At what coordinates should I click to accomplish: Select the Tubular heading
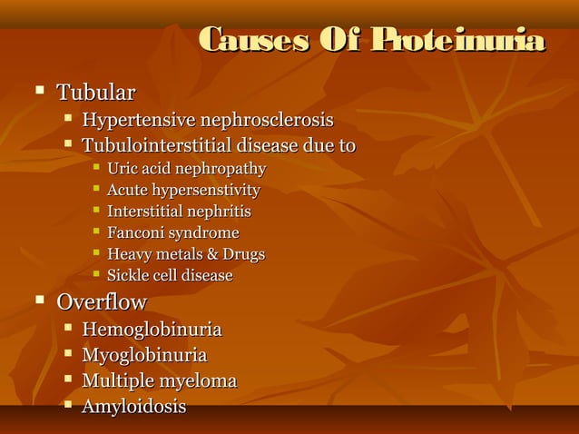click(x=95, y=93)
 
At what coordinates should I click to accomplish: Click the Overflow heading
click(x=101, y=301)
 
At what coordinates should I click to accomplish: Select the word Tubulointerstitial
click(x=157, y=146)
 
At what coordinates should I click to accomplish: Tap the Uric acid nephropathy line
click(x=186, y=169)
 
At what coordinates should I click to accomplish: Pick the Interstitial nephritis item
click(x=179, y=212)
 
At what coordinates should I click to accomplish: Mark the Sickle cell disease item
click(x=170, y=275)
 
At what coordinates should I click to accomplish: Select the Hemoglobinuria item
click(x=152, y=330)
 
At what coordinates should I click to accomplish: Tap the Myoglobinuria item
click(x=144, y=355)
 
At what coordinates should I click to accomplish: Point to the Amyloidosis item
click(x=133, y=407)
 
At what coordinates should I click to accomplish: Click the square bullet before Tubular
click(x=39, y=91)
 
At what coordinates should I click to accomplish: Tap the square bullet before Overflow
click(x=39, y=300)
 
